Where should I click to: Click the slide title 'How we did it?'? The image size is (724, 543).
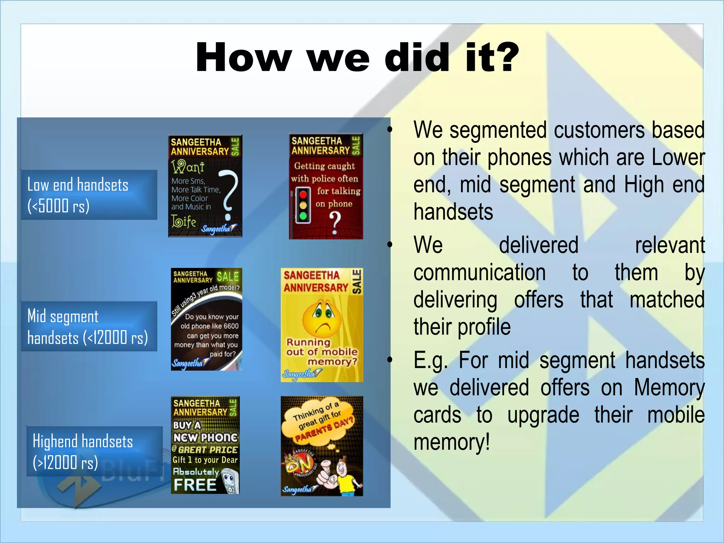coord(357,57)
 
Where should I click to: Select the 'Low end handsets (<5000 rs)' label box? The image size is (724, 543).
coord(89,195)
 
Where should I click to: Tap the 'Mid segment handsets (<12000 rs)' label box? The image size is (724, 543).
coord(89,326)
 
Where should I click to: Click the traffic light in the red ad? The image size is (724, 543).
coord(303,205)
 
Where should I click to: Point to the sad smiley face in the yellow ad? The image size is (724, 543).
coord(322,318)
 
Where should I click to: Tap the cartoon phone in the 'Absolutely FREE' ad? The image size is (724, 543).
coord(230,481)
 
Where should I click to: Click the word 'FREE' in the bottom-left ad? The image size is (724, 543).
coord(195,485)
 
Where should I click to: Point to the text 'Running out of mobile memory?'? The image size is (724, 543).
coord(322,352)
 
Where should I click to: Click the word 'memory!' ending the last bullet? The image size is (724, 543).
coord(451,442)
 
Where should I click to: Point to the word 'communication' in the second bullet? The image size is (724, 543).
coord(479,273)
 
